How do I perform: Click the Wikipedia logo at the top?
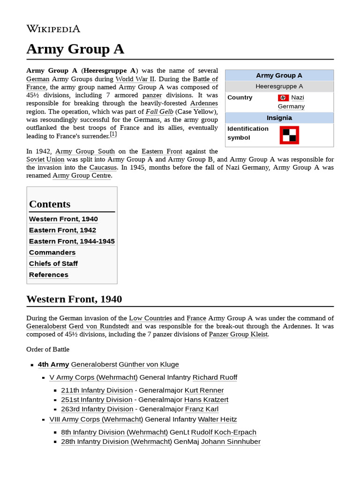click(53, 29)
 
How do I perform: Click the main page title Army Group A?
click(75, 49)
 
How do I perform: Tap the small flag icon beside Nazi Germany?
click(283, 97)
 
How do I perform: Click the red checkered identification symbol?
click(289, 135)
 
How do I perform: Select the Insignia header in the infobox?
click(279, 118)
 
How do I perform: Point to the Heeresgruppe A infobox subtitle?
click(279, 86)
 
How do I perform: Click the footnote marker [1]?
click(113, 135)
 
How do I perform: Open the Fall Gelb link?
click(159, 112)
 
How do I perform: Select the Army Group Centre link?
click(82, 176)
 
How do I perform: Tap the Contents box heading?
click(50, 204)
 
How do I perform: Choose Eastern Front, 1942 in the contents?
click(62, 230)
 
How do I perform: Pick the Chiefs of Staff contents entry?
click(53, 263)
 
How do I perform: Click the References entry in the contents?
click(48, 275)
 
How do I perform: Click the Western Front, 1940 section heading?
click(74, 299)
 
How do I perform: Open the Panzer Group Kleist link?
click(238, 335)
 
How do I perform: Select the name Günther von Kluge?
click(149, 364)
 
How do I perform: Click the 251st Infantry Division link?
click(97, 400)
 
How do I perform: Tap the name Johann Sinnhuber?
click(231, 442)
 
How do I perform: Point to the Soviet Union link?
click(45, 159)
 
